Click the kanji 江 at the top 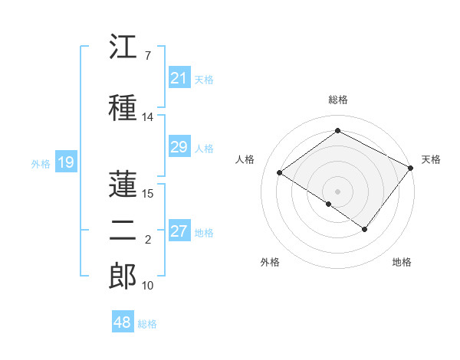(123, 46)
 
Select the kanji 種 (123, 107)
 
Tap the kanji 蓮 (123, 184)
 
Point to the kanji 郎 (123, 276)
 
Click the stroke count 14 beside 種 (147, 117)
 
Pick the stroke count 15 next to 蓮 (147, 194)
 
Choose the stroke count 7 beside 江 (148, 56)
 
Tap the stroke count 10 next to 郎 (147, 286)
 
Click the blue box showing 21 (179, 77)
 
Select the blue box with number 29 (179, 146)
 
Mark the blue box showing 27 (179, 230)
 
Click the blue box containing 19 (66, 162)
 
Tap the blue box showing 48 (123, 321)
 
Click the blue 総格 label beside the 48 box (147, 324)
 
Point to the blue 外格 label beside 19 (41, 164)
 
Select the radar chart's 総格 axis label (338, 100)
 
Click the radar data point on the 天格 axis (410, 168)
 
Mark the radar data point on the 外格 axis (329, 204)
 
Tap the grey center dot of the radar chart (337, 191)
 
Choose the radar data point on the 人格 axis (280, 172)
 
